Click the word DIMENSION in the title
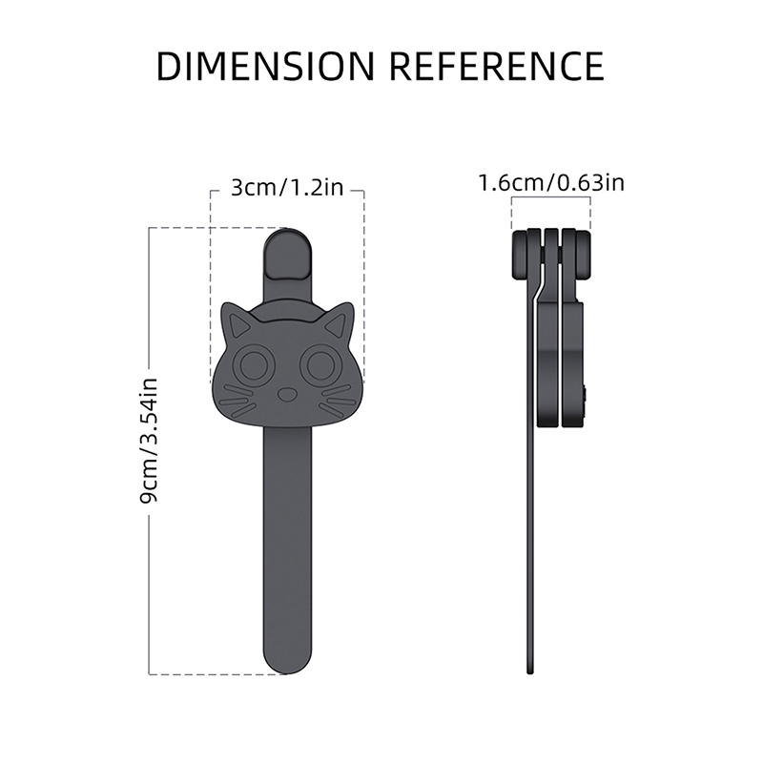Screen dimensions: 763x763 pyautogui.click(x=266, y=66)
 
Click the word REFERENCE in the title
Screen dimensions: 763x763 pyautogui.click(x=497, y=66)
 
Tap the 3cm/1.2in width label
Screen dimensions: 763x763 pyautogui.click(x=287, y=187)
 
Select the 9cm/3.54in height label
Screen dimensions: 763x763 pyautogui.click(x=149, y=441)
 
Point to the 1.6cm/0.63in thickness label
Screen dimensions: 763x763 pyautogui.click(x=551, y=183)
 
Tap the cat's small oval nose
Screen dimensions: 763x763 pyautogui.click(x=287, y=394)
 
